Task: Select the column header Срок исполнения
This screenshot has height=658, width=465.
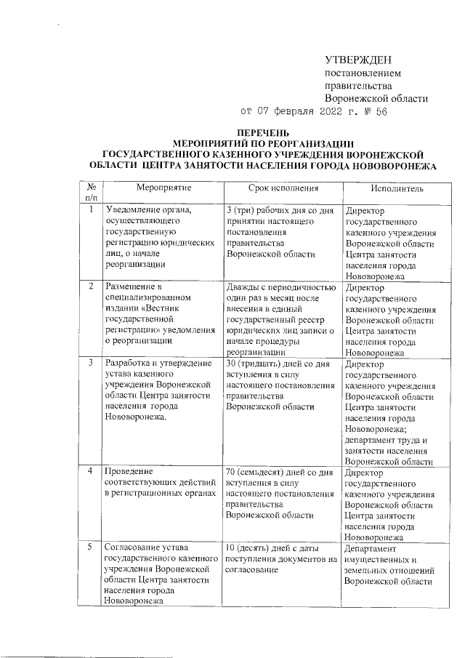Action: (x=281, y=188)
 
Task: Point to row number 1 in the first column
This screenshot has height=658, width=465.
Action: (x=90, y=210)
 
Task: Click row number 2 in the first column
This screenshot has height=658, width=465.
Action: (x=90, y=286)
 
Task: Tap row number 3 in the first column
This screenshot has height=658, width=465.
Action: (x=90, y=361)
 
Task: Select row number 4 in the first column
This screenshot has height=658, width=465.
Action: (x=90, y=472)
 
